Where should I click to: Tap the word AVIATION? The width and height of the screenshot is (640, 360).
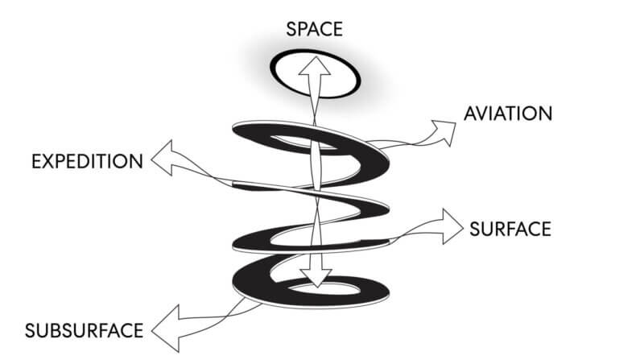pyautogui.click(x=508, y=113)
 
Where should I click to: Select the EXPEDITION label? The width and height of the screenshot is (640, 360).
pyautogui.click(x=87, y=161)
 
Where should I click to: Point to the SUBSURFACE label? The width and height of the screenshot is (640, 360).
pyautogui.click(x=85, y=330)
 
